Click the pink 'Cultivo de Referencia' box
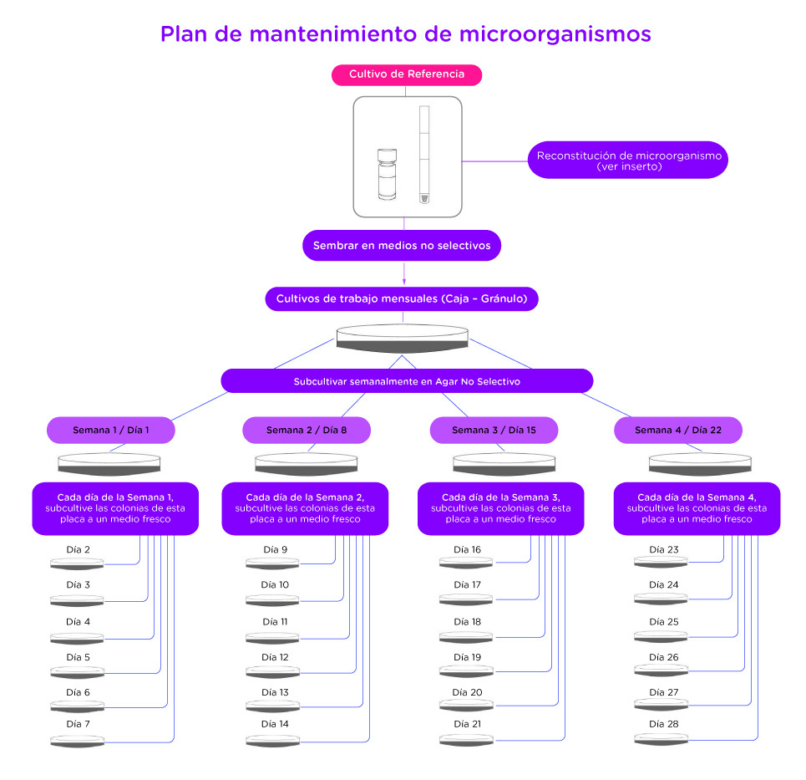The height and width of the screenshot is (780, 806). [x=407, y=74]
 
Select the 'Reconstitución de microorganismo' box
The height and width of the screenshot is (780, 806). [x=627, y=160]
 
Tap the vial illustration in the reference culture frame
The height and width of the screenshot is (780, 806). [x=387, y=175]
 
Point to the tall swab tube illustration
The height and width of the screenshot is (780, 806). [x=424, y=155]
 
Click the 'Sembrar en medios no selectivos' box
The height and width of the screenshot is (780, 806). [x=402, y=246]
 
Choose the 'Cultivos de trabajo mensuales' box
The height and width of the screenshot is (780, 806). [x=402, y=299]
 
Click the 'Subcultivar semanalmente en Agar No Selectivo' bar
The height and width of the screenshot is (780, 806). [x=407, y=381]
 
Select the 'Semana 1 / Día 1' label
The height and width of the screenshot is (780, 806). [x=110, y=431]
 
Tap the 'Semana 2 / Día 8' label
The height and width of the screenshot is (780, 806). [x=307, y=431]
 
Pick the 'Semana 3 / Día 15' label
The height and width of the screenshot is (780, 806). [x=494, y=431]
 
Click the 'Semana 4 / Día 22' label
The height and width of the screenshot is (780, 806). [x=678, y=431]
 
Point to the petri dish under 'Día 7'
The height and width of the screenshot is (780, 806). [x=77, y=741]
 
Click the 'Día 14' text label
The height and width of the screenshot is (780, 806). [x=275, y=724]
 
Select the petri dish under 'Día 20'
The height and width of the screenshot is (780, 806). [x=466, y=706]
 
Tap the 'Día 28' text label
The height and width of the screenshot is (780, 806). [x=664, y=724]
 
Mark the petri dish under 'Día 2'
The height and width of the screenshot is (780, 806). [x=77, y=564]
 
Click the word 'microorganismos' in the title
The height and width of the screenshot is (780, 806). [x=555, y=34]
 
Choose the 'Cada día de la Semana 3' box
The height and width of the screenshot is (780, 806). [x=500, y=508]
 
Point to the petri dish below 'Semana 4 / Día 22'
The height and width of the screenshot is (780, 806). [x=700, y=464]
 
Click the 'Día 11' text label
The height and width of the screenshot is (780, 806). [x=275, y=621]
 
